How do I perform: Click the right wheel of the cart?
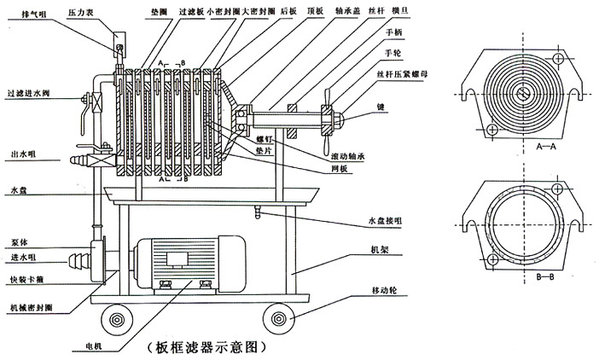click(278, 321)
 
